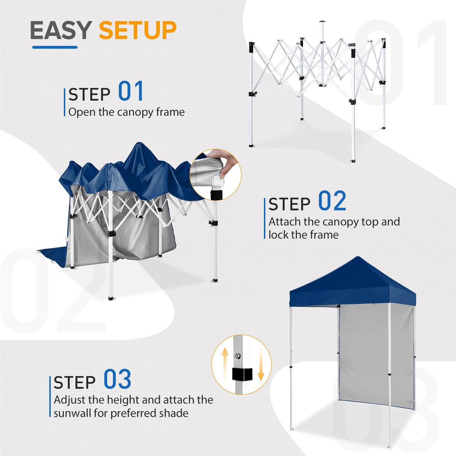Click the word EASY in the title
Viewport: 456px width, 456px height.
point(61,30)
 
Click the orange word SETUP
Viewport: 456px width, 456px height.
point(137,30)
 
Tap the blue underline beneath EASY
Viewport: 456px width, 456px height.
point(55,47)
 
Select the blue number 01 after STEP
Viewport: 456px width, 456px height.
point(131,92)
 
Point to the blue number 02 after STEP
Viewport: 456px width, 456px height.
point(332,201)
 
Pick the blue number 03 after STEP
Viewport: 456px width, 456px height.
point(117,379)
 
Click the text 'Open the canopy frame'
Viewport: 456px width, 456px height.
point(127,112)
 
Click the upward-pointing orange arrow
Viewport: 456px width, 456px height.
point(225,361)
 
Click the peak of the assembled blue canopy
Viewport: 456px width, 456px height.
point(358,259)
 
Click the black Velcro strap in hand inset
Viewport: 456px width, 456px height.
point(216,195)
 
